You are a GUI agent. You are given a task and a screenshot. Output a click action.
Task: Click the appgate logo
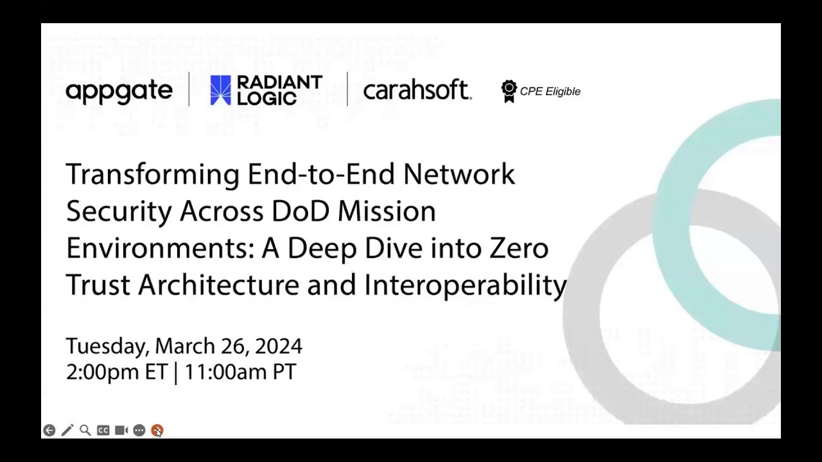click(x=119, y=91)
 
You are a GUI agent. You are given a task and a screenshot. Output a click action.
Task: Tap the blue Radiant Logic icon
click(x=220, y=90)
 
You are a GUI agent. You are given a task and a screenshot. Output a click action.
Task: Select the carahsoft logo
click(x=417, y=90)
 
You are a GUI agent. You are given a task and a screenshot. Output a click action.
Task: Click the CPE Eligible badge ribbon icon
click(x=509, y=91)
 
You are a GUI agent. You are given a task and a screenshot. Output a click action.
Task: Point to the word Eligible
click(x=563, y=91)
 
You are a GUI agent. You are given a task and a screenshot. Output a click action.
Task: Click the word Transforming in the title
click(x=153, y=175)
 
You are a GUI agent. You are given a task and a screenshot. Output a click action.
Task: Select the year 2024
click(x=278, y=346)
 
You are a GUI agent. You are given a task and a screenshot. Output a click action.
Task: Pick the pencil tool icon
click(x=67, y=431)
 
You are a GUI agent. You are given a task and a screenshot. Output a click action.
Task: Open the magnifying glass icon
click(x=85, y=431)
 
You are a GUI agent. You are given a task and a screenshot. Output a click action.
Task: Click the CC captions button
click(x=103, y=431)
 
